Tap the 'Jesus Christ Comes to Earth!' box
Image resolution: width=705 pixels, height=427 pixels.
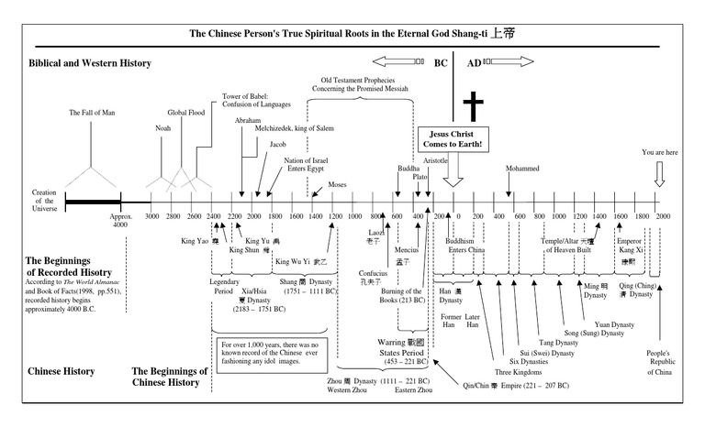(x=452, y=139)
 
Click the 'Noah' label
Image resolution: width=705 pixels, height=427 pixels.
(x=163, y=128)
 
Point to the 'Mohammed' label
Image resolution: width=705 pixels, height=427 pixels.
(x=523, y=169)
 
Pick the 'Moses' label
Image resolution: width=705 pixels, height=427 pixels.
(x=336, y=183)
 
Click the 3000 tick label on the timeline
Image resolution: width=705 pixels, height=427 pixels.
(x=152, y=216)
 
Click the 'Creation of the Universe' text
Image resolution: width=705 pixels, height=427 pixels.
(x=45, y=201)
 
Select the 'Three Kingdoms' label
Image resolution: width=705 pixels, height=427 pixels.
(x=515, y=371)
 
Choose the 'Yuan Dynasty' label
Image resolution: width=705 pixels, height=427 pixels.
(x=614, y=323)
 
